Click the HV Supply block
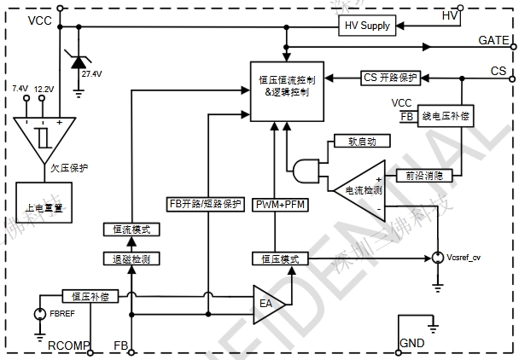pyautogui.click(x=368, y=26)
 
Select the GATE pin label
pyautogui.click(x=493, y=41)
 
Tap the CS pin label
pyautogui.click(x=499, y=70)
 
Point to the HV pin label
pyautogui.click(x=450, y=15)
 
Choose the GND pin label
pyautogui.click(x=411, y=344)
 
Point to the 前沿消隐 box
pyautogui.click(x=423, y=175)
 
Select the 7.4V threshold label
pyautogui.click(x=20, y=89)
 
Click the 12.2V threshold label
pyautogui.click(x=44, y=89)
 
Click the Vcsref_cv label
pyautogui.click(x=466, y=258)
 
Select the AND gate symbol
pyautogui.click(x=305, y=173)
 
